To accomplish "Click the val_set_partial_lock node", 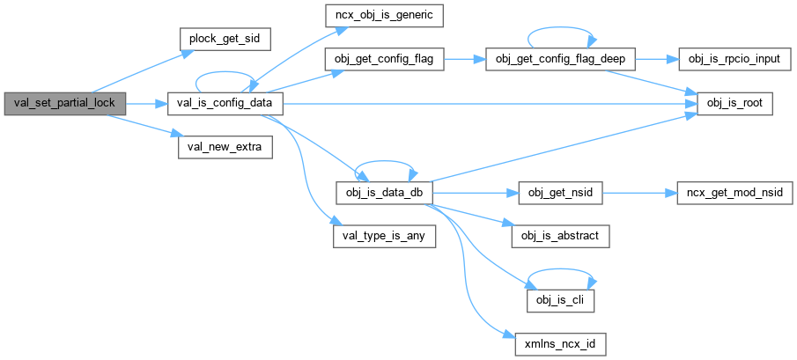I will (65, 103).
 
